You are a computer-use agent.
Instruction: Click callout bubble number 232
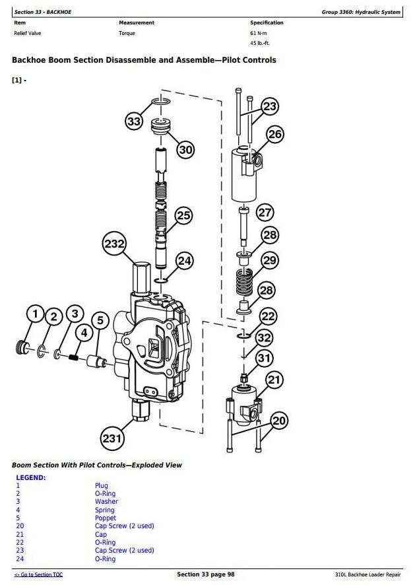114,244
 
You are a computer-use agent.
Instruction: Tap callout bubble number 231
112,438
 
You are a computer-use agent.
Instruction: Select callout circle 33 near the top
134,121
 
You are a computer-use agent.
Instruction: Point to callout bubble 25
184,215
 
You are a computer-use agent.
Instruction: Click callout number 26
275,134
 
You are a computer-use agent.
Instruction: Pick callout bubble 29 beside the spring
270,260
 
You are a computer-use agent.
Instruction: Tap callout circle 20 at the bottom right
279,421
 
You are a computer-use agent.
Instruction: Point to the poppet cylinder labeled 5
96,362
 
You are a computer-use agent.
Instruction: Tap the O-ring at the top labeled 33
162,101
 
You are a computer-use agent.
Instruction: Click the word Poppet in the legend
106,518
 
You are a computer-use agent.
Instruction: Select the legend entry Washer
106,501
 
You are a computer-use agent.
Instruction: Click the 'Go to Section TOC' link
38,574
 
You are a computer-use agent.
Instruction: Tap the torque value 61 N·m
259,33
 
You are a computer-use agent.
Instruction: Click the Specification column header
267,22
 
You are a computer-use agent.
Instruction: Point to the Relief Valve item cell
28,33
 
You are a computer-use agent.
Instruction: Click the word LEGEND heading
31,477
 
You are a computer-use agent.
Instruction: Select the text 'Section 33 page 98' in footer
206,574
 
